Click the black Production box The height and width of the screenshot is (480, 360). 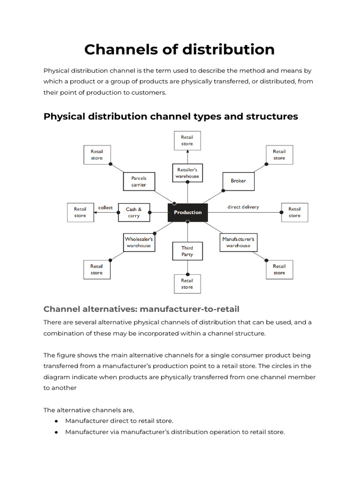(x=187, y=212)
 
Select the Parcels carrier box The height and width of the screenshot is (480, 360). (x=139, y=181)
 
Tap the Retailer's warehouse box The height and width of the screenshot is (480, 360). (x=187, y=173)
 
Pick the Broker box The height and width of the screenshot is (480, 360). (x=238, y=180)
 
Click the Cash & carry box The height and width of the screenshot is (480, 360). (x=134, y=213)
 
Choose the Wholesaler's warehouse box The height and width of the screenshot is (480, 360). (x=139, y=242)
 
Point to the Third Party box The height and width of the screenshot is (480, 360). (x=187, y=251)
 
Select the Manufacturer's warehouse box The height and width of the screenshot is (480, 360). (x=238, y=242)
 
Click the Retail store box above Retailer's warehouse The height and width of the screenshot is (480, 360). (x=187, y=141)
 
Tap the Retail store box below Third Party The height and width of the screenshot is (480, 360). (x=187, y=284)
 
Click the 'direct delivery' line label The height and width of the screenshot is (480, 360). (x=243, y=207)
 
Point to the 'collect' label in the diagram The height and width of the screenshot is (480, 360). (x=105, y=207)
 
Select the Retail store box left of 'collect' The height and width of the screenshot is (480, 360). (x=80, y=212)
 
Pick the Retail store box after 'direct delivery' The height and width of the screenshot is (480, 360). (x=294, y=212)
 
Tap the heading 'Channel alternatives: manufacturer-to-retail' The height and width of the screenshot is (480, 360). (x=142, y=309)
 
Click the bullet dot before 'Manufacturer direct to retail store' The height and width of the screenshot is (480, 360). (x=56, y=421)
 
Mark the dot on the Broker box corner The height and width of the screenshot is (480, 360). (x=222, y=190)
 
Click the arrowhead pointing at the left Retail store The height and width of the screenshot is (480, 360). (x=95, y=213)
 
